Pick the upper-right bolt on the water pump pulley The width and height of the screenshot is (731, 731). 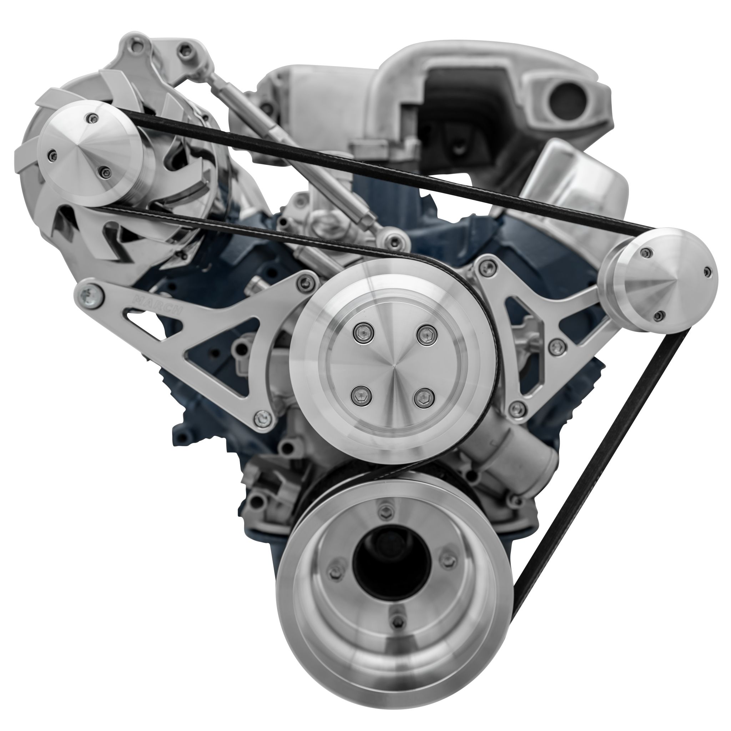point(426,333)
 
